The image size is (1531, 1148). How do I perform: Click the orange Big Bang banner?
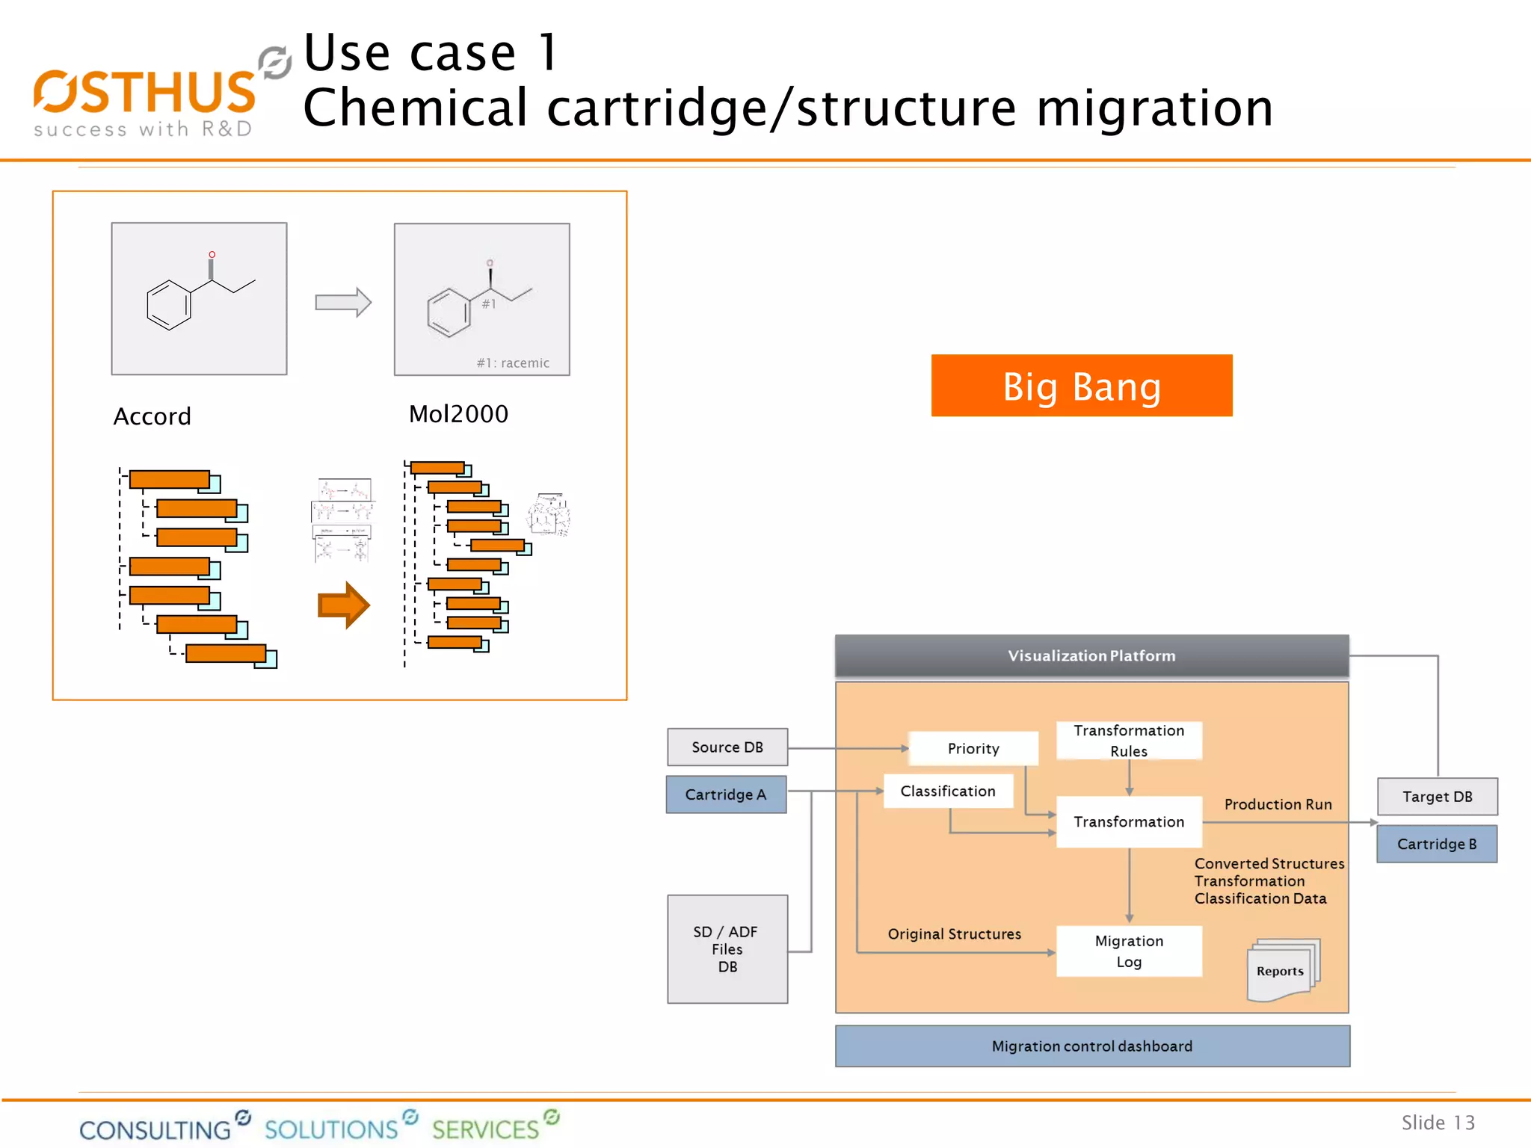coord(1081,386)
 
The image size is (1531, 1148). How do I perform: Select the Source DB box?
coord(727,747)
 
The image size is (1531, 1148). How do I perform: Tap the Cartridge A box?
coord(726,794)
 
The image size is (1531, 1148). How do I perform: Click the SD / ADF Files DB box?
coord(727,948)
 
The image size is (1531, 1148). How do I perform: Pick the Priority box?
coord(973,748)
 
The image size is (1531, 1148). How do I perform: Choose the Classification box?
coord(947,791)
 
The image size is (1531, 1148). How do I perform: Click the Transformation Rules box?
coord(1128,740)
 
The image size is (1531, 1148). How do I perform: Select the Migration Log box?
coord(1128,951)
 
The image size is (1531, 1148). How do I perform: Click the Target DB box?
coord(1436,796)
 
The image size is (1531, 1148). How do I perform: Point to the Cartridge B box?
coord(1436,844)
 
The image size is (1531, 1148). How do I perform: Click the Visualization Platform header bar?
coord(1091,655)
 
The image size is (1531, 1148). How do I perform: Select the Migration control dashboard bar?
coord(1091,1046)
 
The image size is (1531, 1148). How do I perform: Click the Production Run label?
coord(1278,804)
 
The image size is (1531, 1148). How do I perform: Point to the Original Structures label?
coord(954,933)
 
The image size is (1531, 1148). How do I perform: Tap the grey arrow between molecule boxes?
coord(343,302)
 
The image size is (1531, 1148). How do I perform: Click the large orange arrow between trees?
coord(343,605)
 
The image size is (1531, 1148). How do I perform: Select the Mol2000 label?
coord(458,413)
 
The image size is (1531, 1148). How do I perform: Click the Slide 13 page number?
coord(1437,1122)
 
